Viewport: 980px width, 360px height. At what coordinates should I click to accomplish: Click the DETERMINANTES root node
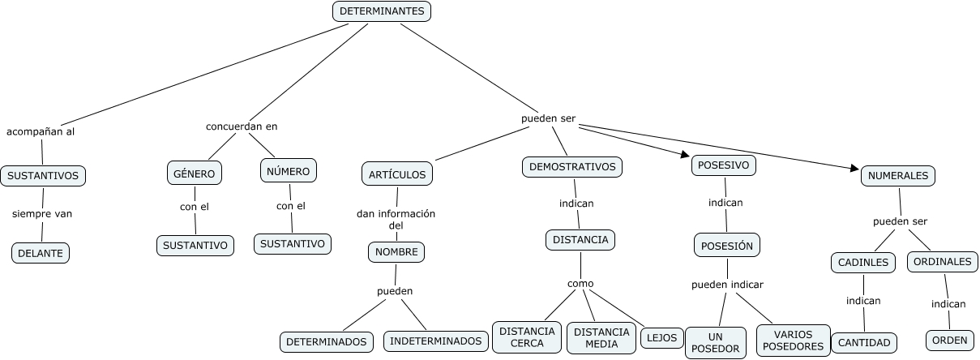[381, 11]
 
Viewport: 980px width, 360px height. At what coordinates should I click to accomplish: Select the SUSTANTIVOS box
[43, 175]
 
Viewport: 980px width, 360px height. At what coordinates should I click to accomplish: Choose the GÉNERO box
[195, 173]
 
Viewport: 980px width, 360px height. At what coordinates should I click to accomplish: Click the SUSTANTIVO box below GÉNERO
[195, 245]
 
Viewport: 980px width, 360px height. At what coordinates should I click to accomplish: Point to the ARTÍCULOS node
[396, 174]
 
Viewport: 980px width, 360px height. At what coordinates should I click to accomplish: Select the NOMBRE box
[396, 252]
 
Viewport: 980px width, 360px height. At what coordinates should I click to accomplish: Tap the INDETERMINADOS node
[435, 341]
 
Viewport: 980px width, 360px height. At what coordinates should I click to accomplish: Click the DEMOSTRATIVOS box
[572, 167]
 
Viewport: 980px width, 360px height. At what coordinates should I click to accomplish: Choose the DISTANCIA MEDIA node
[601, 338]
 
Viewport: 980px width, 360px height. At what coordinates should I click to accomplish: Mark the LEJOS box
[661, 338]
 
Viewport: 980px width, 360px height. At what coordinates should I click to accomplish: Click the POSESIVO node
[725, 165]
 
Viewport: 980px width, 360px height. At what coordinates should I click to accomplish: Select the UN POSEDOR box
[715, 342]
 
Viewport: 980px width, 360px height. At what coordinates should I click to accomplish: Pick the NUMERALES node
[897, 175]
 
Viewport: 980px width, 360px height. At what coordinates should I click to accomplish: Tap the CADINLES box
[862, 262]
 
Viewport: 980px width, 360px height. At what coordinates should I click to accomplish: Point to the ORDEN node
[949, 341]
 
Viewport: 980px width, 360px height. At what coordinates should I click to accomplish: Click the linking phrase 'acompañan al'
[41, 131]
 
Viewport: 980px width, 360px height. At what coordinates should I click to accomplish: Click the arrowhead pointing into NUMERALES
[854, 169]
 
